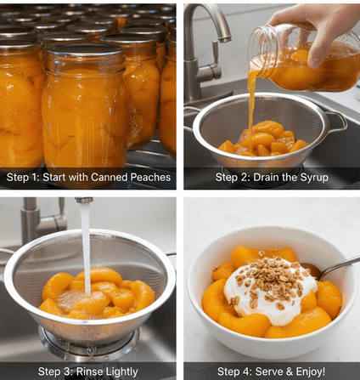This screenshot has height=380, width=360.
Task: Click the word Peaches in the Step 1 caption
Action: point(150,178)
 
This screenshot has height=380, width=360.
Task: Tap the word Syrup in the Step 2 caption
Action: point(314,178)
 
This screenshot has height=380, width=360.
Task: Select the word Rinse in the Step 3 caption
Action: point(89,371)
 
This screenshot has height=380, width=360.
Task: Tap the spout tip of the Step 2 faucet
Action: point(225,39)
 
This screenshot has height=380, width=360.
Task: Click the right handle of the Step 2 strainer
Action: point(337,121)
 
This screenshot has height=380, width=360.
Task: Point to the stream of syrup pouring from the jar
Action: point(250,111)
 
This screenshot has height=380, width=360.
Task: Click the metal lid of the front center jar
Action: point(85,49)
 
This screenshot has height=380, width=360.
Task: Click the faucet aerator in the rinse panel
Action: point(84,200)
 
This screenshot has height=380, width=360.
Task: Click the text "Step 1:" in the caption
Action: point(23,178)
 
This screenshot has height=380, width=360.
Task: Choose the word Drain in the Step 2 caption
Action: point(265,178)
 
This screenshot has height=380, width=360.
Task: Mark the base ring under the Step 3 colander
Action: point(88,344)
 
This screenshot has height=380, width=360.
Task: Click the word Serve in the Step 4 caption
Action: point(268,371)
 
